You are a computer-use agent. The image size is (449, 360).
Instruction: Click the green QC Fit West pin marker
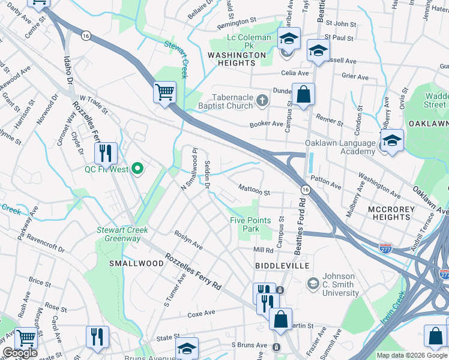(137, 169)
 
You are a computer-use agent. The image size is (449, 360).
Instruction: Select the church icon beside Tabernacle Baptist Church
(262, 100)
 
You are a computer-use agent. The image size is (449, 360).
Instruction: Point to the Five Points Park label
(253, 224)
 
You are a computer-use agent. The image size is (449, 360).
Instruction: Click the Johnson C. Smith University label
(340, 285)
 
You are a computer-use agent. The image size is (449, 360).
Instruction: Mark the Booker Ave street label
(266, 124)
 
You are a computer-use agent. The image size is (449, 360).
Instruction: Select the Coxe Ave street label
(201, 313)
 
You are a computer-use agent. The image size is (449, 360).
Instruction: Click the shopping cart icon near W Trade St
(164, 92)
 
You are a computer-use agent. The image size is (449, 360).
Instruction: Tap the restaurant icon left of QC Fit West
(106, 154)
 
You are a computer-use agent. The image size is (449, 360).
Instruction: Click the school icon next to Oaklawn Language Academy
(391, 141)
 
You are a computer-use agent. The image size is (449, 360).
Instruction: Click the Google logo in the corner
(20, 353)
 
